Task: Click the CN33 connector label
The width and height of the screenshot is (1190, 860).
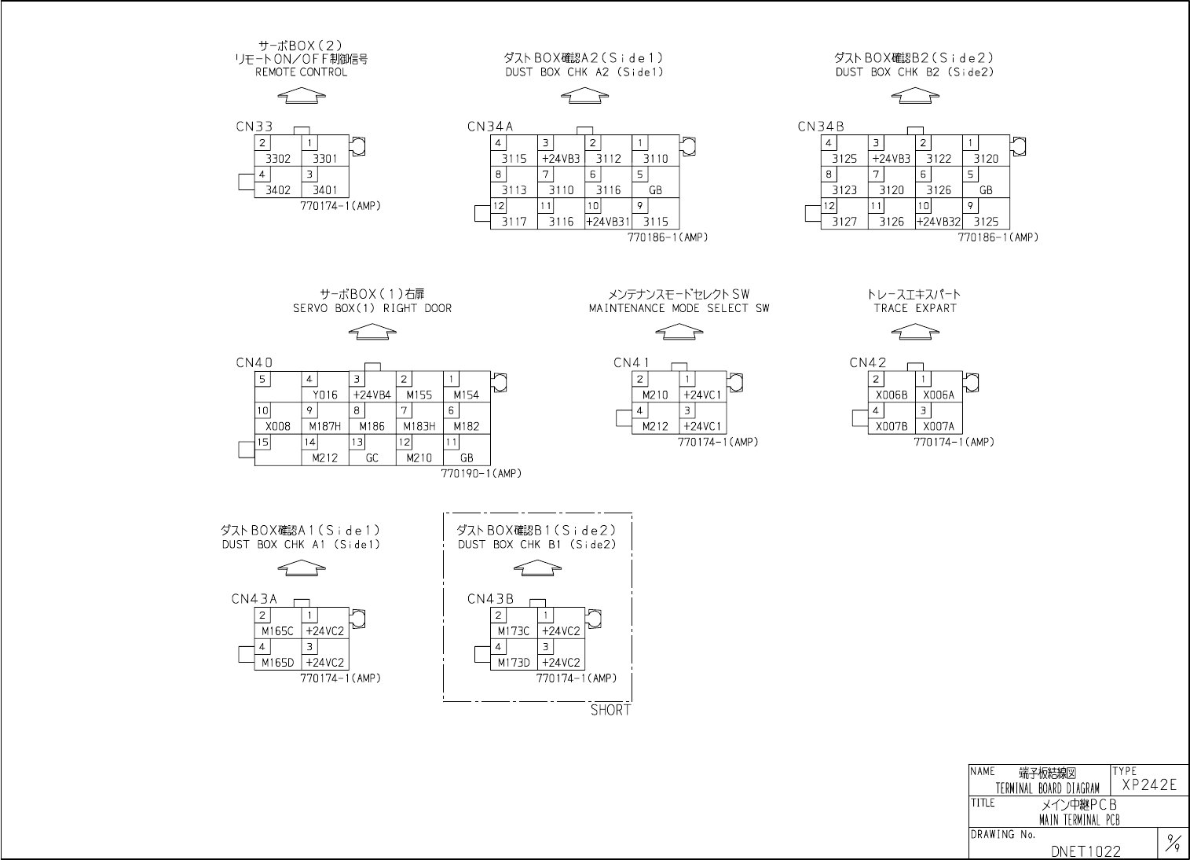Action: pos(254,127)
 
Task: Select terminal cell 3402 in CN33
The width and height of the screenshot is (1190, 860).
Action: pos(278,189)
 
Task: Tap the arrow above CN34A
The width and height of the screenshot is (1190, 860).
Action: pos(584,95)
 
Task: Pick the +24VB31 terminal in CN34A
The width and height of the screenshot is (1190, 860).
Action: pos(608,222)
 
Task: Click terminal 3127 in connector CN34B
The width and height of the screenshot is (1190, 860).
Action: pos(844,222)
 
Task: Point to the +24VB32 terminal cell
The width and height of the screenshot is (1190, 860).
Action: pos(939,222)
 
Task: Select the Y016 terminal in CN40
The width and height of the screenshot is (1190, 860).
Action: pos(325,395)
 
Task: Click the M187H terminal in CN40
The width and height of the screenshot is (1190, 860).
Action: pos(325,426)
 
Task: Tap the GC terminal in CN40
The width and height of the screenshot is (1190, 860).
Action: pos(372,458)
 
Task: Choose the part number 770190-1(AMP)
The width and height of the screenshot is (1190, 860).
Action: pos(481,473)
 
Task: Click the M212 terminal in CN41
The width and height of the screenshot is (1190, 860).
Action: pos(655,426)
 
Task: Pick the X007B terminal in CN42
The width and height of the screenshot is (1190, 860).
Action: pos(892,426)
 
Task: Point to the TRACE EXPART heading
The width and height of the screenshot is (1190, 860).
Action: pos(914,308)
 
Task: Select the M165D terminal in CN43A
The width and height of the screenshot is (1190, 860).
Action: pos(278,662)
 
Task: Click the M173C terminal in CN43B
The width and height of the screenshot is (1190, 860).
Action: pos(514,630)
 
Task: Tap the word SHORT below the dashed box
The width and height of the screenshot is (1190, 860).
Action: pos(610,710)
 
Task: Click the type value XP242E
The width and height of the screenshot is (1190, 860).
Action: pos(1149,785)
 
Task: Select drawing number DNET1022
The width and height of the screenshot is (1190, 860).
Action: pos(1086,851)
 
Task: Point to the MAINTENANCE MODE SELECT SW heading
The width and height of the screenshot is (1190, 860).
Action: pos(679,308)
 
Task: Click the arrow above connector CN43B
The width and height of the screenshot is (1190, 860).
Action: pos(537,567)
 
